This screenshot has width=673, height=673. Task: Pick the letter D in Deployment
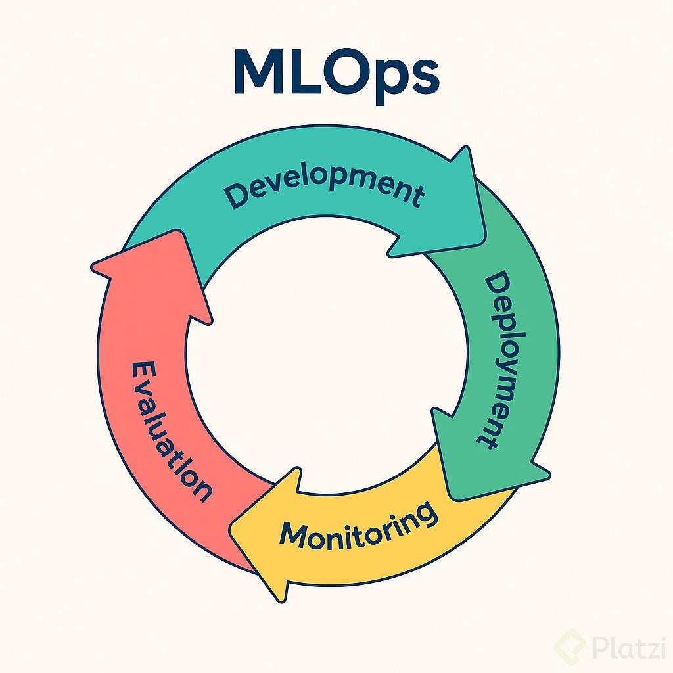pyautogui.click(x=498, y=287)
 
